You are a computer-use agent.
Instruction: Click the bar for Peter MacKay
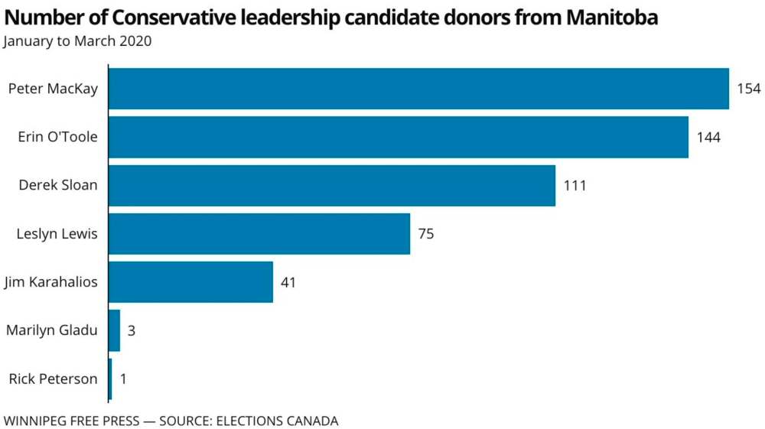click(x=418, y=89)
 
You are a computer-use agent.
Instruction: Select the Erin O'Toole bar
click(x=399, y=137)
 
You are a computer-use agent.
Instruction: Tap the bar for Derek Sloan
click(x=332, y=185)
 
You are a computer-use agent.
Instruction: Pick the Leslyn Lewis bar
click(x=259, y=233)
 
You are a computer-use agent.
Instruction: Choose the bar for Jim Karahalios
click(x=191, y=281)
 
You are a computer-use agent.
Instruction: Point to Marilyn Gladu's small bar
click(x=115, y=330)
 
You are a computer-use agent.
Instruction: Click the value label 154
click(x=749, y=89)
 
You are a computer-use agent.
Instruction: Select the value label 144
click(x=708, y=138)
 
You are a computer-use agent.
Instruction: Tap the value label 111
click(x=575, y=186)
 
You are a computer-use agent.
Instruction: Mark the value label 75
click(x=426, y=234)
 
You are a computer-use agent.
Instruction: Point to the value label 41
click(x=288, y=282)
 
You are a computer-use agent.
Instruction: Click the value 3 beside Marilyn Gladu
click(x=132, y=330)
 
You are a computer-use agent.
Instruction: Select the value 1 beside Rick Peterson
click(x=123, y=379)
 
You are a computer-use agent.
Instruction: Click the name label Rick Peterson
click(x=54, y=379)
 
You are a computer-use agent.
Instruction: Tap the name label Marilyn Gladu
click(x=52, y=330)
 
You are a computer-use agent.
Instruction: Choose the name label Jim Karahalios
click(x=50, y=282)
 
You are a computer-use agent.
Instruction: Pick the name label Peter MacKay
click(x=53, y=89)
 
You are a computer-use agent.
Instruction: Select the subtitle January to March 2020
click(x=77, y=41)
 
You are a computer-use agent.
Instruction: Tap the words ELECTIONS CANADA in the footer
click(x=277, y=420)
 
